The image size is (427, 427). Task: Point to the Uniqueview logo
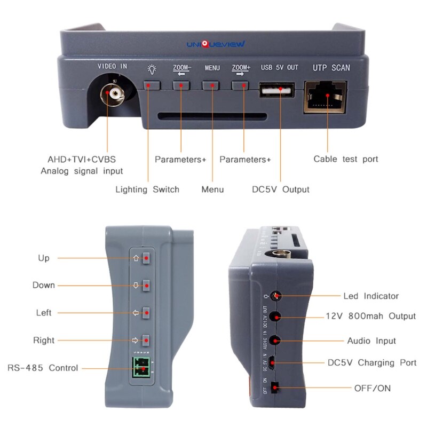tap(218, 45)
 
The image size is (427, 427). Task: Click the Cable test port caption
tap(345, 159)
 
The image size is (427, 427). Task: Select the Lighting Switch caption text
tap(147, 189)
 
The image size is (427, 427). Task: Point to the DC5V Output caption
tap(281, 189)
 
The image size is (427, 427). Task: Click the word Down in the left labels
tap(44, 285)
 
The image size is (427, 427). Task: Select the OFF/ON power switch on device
tap(275, 388)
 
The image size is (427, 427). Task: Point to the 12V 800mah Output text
tap(370, 316)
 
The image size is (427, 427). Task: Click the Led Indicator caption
tap(370, 296)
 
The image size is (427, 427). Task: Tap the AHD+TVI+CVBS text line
tap(81, 160)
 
